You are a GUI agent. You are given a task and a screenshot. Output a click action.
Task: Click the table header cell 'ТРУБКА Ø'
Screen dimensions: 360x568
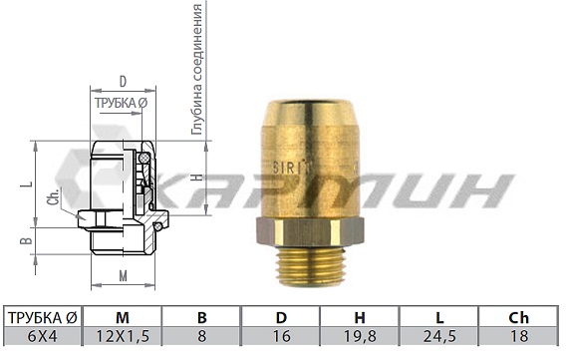(x=41, y=318)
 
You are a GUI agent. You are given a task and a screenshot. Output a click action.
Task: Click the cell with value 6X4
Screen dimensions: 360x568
(x=41, y=337)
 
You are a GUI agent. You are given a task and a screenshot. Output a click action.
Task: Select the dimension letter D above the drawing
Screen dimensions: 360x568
(x=122, y=81)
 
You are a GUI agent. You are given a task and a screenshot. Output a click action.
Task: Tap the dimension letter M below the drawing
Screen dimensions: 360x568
(x=122, y=275)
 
